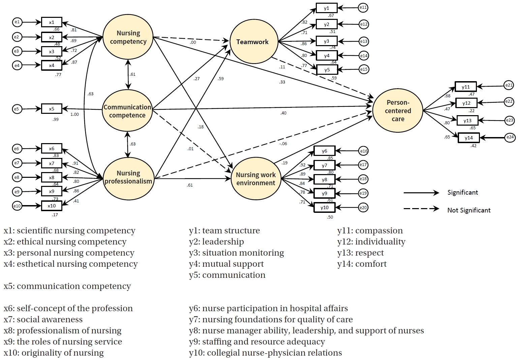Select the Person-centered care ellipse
click(398, 110)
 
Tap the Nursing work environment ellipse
click(256, 178)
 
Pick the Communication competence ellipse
click(127, 111)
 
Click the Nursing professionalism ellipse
click(128, 177)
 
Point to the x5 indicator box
click(52, 109)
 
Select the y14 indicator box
click(468, 137)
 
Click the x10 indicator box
click(52, 206)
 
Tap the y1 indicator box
click(326, 8)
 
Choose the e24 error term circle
click(510, 137)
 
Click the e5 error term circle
click(17, 109)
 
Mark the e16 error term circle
click(363, 151)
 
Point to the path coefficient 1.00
click(74, 114)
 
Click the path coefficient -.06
click(283, 144)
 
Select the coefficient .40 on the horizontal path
click(283, 113)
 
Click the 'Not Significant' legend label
click(469, 210)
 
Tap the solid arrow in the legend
click(421, 193)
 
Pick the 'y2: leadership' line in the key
click(216, 242)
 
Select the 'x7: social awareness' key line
click(43, 319)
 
